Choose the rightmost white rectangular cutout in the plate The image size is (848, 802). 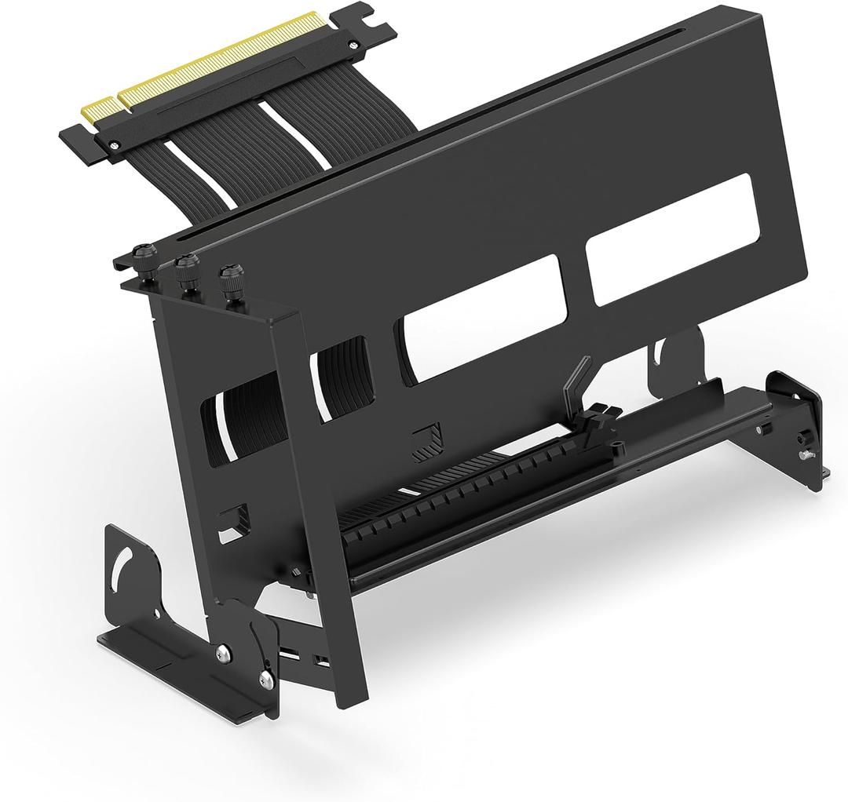[x=674, y=239]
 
